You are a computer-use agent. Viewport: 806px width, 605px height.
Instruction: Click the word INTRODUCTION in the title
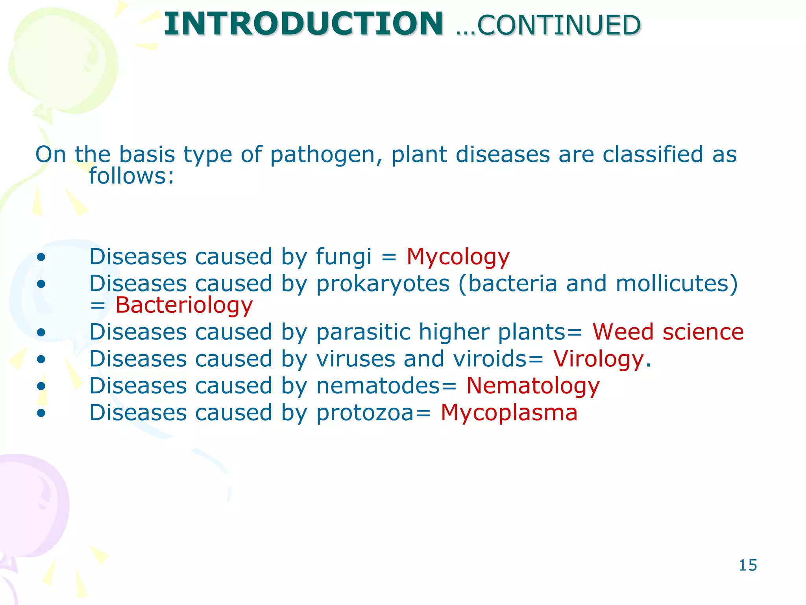pos(303,24)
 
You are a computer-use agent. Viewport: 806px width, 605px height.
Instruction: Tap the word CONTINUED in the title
pos(559,26)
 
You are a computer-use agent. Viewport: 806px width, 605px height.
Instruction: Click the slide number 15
pos(747,565)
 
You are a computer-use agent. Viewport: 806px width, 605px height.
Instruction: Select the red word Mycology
pos(458,257)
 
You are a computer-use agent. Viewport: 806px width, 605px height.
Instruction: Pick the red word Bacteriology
pos(184,306)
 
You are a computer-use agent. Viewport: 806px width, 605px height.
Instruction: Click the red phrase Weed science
pos(668,332)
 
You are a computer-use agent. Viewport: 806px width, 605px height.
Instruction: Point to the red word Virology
pos(598,359)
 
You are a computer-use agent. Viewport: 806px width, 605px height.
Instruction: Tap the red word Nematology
pos(533,386)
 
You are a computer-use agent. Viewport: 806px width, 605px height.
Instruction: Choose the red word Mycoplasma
pos(509,413)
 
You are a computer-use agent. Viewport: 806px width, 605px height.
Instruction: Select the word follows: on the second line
pos(131,176)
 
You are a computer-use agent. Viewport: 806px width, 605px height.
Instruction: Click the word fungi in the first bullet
pos(344,257)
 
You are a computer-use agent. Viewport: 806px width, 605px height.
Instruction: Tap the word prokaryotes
pos(383,284)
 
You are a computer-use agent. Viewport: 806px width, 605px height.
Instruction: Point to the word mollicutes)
pos(677,284)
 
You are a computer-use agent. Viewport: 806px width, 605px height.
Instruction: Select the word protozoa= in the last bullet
pos(373,413)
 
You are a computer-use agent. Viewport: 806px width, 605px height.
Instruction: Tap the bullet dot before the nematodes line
pos(41,386)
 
